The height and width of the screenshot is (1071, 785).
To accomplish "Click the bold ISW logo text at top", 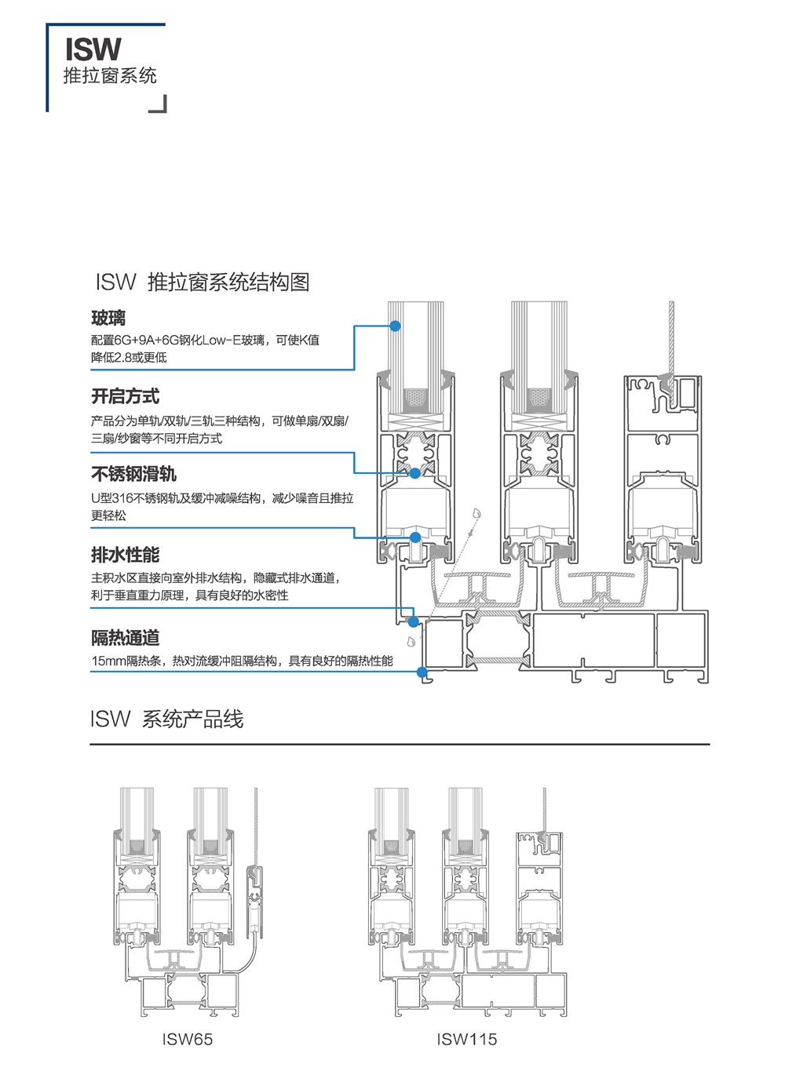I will (x=93, y=49).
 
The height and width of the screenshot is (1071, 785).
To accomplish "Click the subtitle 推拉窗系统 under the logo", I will (x=110, y=76).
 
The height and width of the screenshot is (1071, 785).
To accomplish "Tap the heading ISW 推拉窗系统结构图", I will (x=203, y=282).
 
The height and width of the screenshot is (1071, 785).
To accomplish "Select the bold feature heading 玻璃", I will (x=108, y=318).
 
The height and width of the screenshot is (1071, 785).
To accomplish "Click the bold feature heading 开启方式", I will (x=125, y=396).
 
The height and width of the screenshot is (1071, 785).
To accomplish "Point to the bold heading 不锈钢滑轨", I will (x=133, y=474).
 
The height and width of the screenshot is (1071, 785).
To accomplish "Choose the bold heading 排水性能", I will (x=125, y=555).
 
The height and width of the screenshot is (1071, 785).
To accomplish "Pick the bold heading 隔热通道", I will (x=125, y=638).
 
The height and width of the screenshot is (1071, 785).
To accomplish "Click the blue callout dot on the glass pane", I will (x=396, y=326).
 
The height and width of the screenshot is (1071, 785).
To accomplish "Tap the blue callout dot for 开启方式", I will (x=414, y=473).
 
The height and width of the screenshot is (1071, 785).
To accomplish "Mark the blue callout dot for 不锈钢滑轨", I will (x=415, y=537).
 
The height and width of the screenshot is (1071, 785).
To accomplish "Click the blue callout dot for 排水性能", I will (x=413, y=621).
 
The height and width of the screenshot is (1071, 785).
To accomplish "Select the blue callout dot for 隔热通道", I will (x=422, y=672).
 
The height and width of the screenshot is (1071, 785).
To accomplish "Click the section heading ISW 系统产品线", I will (x=166, y=719).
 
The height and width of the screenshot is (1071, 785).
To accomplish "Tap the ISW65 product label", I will (x=187, y=1040).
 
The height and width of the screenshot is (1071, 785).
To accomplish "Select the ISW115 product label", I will (x=466, y=1040).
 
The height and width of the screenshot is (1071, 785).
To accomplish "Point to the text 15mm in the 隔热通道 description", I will (x=108, y=661).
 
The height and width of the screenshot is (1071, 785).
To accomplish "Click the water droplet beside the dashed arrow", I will (x=476, y=513).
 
